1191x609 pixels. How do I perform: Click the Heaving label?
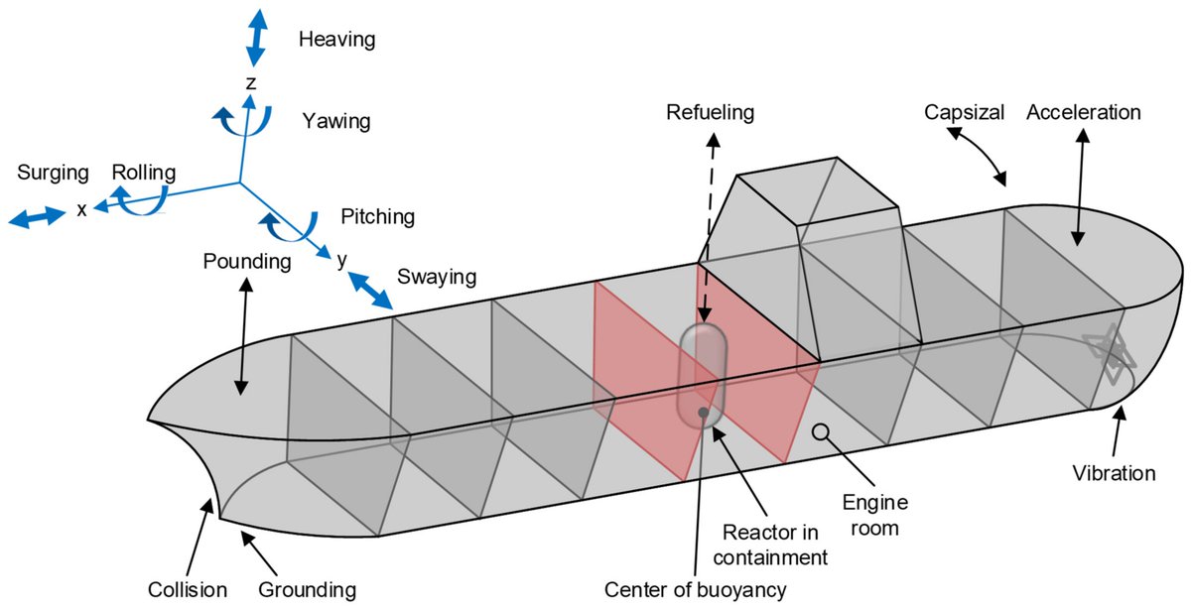click(x=336, y=40)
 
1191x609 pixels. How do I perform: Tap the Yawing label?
click(x=336, y=122)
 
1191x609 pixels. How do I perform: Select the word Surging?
click(x=53, y=173)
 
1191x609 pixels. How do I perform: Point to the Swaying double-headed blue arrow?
click(x=370, y=294)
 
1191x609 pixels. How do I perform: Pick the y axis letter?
click(x=341, y=260)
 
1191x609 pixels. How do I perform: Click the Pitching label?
click(x=377, y=216)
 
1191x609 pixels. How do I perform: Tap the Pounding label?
click(x=246, y=263)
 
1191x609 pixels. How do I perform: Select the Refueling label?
click(x=711, y=112)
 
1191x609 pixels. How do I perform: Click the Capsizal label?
click(x=960, y=112)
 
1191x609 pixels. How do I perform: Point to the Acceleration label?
click(x=1084, y=112)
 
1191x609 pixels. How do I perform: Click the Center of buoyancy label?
click(x=695, y=590)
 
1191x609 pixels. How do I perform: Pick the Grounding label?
click(x=307, y=590)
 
